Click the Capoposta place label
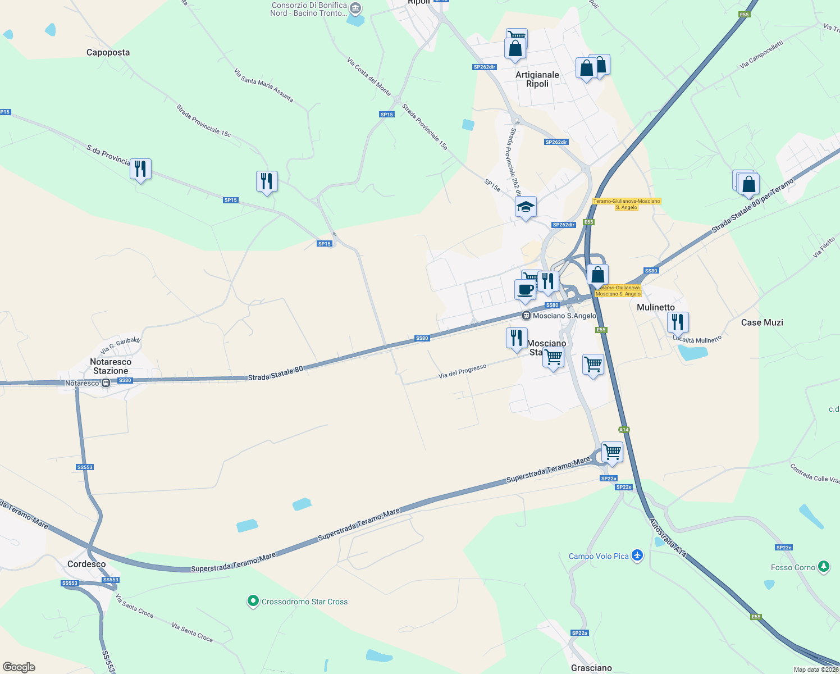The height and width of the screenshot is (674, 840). point(108,52)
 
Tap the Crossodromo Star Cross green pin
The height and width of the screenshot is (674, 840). point(253,601)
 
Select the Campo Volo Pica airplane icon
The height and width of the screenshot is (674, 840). point(637,555)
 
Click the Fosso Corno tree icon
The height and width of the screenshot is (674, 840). point(823,567)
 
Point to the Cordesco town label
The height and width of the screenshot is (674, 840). point(86,564)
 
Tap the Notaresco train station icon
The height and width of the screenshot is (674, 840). point(106,383)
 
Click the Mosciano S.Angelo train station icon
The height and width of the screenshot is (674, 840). point(526,316)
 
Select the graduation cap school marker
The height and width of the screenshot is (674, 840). point(526,208)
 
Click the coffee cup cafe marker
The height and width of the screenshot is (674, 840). point(525,290)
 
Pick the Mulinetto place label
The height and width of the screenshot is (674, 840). point(655,307)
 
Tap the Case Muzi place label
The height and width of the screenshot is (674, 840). point(761,322)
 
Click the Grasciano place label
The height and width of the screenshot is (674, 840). point(591,668)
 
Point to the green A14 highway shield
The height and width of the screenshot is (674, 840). point(624,430)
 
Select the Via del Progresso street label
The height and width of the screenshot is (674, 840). point(462,371)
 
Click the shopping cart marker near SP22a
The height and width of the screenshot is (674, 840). point(612,452)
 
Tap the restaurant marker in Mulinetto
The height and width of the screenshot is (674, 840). point(678,322)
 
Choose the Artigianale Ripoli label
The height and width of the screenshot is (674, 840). point(537,79)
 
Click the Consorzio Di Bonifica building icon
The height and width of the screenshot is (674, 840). point(355,8)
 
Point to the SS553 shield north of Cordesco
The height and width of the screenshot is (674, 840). point(85,467)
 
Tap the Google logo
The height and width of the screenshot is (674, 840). point(19,667)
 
